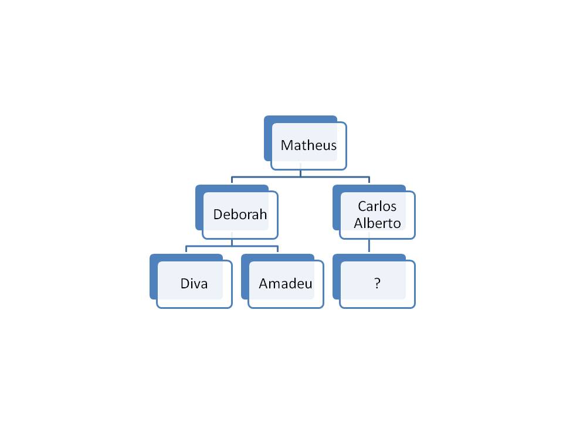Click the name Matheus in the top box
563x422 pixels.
308,145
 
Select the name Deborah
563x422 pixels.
240,214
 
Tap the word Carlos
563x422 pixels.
377,206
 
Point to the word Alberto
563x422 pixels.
377,223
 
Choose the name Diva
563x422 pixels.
194,284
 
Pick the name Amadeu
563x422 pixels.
285,284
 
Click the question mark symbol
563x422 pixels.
377,284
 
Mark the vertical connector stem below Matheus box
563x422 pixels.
300,173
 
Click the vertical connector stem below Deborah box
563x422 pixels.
232,242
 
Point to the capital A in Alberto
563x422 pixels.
359,223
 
